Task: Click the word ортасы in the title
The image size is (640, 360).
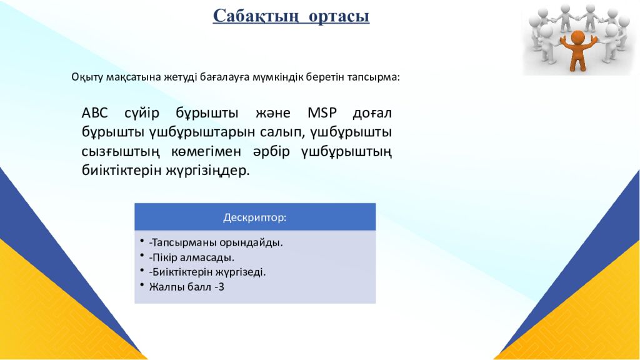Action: click(x=338, y=16)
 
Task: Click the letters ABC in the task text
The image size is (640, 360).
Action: click(x=95, y=114)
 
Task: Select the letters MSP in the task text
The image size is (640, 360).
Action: click(x=322, y=114)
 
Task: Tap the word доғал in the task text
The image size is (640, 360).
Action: click(x=372, y=114)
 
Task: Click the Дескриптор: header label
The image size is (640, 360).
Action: click(x=255, y=217)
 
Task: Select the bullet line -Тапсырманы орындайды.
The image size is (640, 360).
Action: click(x=216, y=242)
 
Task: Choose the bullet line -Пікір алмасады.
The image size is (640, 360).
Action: click(x=192, y=257)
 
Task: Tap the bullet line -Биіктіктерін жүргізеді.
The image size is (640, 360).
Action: click(x=207, y=272)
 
